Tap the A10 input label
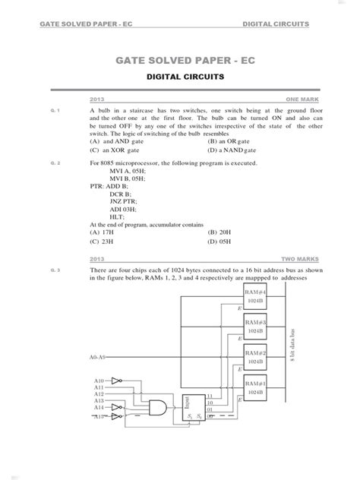click(99, 380)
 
